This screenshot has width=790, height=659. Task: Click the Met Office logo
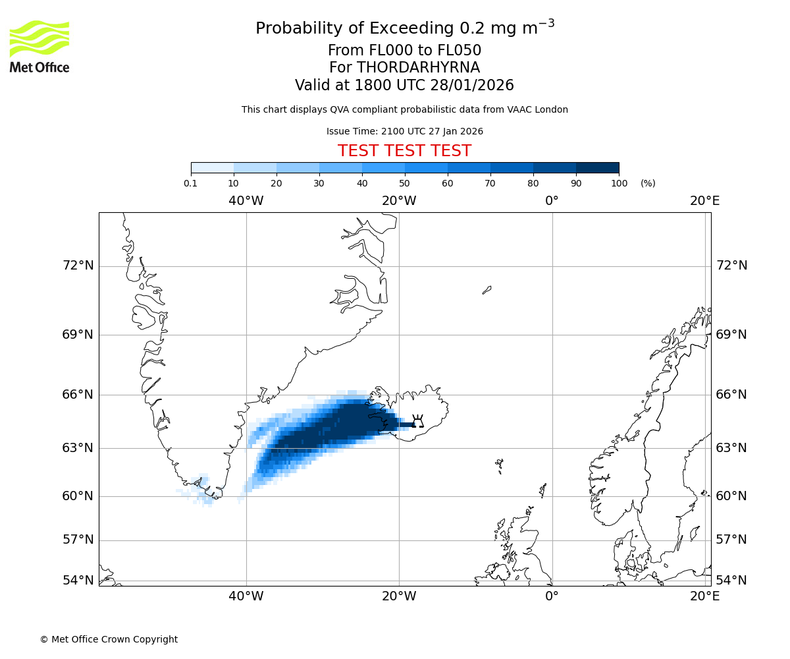(x=39, y=46)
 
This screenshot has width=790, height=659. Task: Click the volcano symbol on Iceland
(x=417, y=422)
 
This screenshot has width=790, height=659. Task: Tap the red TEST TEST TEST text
(x=404, y=151)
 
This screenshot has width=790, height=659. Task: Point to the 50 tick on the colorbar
(x=405, y=183)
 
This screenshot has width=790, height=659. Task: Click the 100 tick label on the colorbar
(x=619, y=183)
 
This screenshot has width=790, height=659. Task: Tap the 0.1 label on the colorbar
(x=191, y=183)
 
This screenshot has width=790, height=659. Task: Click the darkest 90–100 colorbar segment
(x=597, y=167)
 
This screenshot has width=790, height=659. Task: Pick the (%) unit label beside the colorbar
(x=648, y=183)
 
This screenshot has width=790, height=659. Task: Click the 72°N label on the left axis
(x=78, y=266)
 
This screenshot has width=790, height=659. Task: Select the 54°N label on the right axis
(x=731, y=581)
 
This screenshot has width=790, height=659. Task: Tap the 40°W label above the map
(x=246, y=200)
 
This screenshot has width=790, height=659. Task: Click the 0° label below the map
(x=552, y=596)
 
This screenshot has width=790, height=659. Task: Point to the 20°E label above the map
(x=704, y=200)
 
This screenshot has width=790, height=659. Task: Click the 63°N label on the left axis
(x=78, y=448)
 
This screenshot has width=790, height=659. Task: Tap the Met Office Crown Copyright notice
(x=109, y=639)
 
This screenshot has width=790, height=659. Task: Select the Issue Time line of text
(x=404, y=131)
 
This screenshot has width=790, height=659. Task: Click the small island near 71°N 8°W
(x=487, y=289)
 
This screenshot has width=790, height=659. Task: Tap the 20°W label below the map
(x=399, y=596)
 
